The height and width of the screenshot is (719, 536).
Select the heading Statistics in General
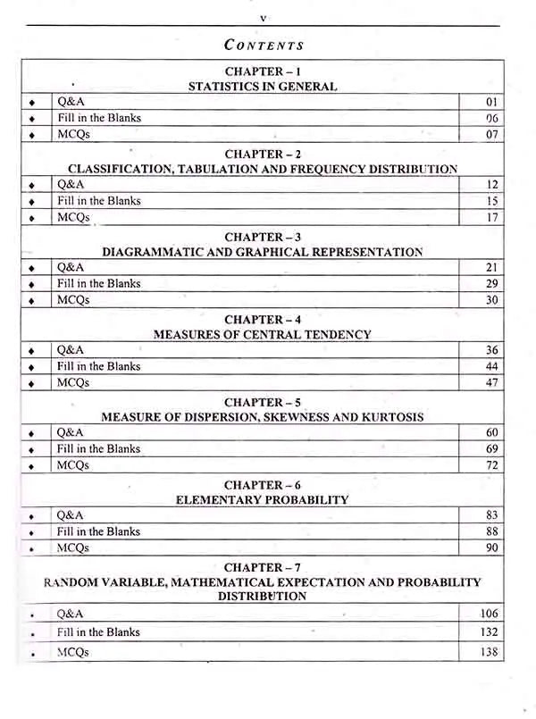click(x=263, y=87)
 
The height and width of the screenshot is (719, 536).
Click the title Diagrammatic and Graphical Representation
click(x=263, y=252)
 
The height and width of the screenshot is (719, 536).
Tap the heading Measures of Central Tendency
click(x=263, y=335)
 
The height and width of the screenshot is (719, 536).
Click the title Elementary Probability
click(x=263, y=500)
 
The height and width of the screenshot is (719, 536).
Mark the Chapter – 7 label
click(x=263, y=567)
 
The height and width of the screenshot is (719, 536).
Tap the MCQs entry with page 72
click(x=73, y=466)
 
